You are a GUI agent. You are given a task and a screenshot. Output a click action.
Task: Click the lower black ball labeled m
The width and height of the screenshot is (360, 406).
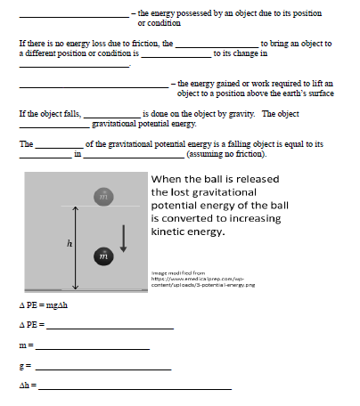pyautogui.click(x=103, y=256)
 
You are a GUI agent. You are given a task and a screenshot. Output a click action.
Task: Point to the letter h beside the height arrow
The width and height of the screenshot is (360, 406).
pyautogui.click(x=69, y=243)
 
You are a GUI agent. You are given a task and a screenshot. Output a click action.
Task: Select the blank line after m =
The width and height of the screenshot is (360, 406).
pyautogui.click(x=92, y=347)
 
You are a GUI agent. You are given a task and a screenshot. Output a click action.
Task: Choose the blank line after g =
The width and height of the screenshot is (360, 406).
pyautogui.click(x=102, y=368)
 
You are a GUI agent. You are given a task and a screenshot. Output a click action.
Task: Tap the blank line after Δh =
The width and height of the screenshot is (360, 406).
pyautogui.click(x=135, y=388)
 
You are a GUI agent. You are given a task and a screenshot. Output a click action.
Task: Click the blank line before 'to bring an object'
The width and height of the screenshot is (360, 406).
pyautogui.click(x=216, y=45)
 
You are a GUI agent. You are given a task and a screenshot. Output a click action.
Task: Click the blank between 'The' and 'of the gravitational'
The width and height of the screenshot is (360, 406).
pyautogui.click(x=59, y=145)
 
